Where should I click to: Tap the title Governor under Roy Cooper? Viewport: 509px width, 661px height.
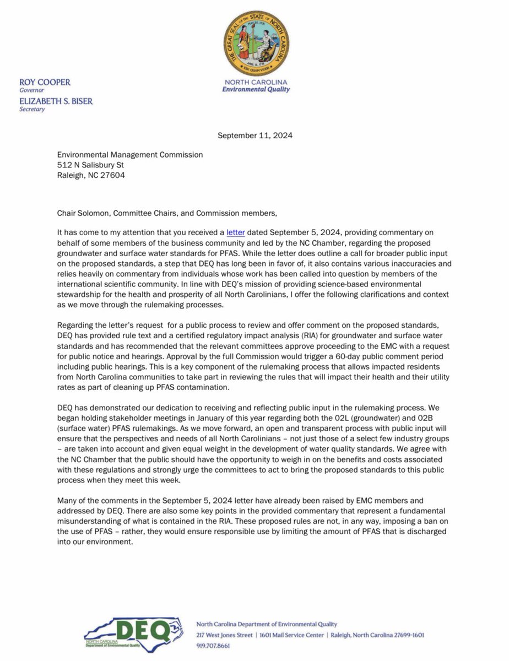[x=31, y=90]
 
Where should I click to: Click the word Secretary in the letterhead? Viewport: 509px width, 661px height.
[x=32, y=109]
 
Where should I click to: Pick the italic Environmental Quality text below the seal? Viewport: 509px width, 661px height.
[x=256, y=89]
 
